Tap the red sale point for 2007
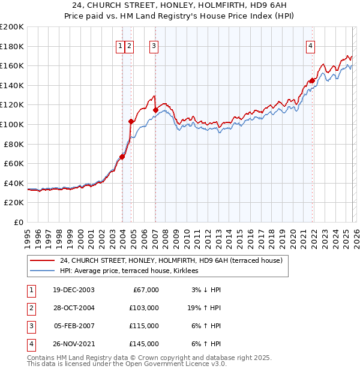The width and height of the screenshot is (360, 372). click(155, 110)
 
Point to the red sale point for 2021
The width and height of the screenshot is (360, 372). click(313, 80)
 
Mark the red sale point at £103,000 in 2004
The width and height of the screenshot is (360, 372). click(131, 121)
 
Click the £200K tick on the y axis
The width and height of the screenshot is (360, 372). click(12, 27)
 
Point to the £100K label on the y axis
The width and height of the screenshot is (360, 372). click(12, 124)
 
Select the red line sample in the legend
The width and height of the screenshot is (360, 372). click(42, 260)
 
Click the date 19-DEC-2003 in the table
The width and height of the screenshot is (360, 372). click(74, 290)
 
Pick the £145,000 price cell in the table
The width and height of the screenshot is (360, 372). click(144, 344)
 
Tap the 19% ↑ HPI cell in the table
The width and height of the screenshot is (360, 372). click(203, 308)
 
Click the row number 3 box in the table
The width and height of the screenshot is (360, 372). click(30, 326)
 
